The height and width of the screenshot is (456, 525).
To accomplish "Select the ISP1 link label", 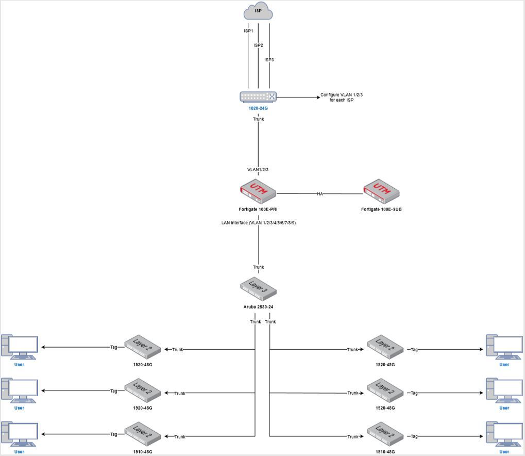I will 248,31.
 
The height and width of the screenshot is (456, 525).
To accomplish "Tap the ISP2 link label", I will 258,45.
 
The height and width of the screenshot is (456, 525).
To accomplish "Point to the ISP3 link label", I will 269,60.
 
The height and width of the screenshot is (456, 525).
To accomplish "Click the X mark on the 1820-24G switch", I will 272,96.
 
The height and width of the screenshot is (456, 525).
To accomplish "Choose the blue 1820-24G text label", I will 258,109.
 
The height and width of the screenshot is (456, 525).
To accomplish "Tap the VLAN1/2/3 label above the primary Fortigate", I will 258,170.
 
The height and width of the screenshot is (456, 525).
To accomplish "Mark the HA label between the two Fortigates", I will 319,194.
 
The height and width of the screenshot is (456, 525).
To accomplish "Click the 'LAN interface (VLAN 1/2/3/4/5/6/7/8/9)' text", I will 258,223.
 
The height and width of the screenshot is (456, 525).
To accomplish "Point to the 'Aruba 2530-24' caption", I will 258,307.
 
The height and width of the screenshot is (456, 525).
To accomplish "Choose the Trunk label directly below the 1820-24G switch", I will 258,119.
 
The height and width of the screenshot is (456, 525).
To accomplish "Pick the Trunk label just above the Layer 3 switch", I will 258,267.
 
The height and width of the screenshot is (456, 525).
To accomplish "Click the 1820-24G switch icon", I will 258,96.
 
